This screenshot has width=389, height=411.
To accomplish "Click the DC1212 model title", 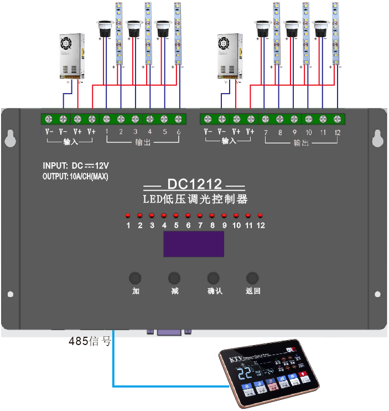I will pos(194,184).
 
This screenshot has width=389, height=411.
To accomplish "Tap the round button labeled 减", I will pos(174,278).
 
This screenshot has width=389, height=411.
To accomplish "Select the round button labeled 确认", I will pos(214,278).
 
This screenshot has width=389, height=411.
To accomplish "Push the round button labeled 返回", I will pos(252,278).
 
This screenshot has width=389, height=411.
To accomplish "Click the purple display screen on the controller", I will pos(194,244).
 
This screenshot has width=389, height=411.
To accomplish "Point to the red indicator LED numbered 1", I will pos(128,215).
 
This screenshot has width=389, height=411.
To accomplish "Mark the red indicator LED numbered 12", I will pos(260,215).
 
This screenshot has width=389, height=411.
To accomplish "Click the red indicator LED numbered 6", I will pos(188,215).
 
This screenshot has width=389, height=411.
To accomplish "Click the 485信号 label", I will pos(89,342).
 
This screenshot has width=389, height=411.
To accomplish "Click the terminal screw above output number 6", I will pos(178,119).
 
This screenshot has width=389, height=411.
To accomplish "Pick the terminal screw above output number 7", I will pos(265,119).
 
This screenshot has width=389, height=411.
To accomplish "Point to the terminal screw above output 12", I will pos(338,119).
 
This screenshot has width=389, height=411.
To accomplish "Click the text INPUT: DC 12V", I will pos(80,166).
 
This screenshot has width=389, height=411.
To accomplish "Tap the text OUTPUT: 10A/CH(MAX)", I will pos(75,177).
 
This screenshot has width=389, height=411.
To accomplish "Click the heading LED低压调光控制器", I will pos(194,199).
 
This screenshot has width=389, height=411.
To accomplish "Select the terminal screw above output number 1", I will pos(106,119).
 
